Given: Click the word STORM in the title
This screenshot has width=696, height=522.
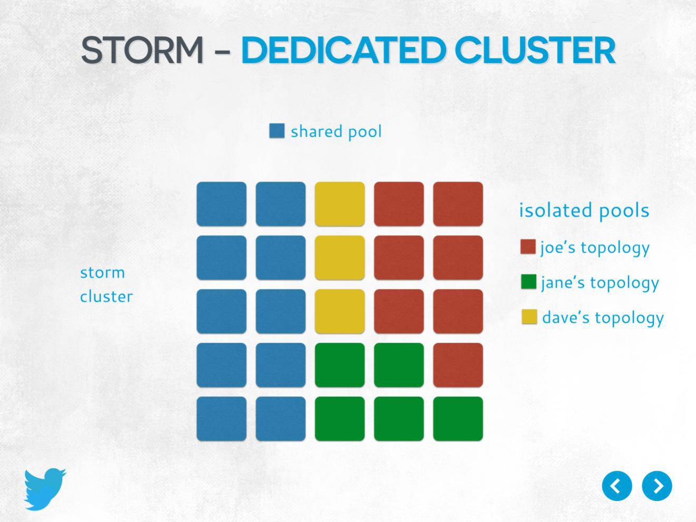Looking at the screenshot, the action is (142, 50).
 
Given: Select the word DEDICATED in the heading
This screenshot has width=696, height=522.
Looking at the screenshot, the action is (344, 50).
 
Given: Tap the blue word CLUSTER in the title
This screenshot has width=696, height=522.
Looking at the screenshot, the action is (535, 50).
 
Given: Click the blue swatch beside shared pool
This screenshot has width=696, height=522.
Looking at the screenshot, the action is (277, 131).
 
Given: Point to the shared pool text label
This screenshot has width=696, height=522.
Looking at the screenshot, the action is (336, 132).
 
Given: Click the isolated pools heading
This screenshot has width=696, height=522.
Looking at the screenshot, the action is (584, 210).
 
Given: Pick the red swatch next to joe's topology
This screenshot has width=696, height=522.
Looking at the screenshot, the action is (528, 247).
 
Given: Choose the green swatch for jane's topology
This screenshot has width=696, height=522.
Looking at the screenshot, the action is (528, 282).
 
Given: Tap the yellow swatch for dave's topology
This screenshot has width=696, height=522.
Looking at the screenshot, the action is (529, 317).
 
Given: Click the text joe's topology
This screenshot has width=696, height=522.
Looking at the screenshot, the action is (595, 248).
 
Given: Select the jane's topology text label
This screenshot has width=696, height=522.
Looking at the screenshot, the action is (600, 283).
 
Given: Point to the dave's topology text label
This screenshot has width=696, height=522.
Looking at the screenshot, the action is (603, 318).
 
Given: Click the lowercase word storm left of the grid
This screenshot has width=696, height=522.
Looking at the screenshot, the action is (102, 273).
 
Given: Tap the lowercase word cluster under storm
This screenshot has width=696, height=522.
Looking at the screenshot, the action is (106, 297).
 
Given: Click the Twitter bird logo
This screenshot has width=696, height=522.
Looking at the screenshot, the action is (45, 489).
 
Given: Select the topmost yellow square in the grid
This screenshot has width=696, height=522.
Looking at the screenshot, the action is (340, 204).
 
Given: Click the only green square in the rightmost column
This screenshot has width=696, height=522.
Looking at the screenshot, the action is (458, 418).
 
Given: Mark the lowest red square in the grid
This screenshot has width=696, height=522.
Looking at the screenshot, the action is (458, 365).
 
